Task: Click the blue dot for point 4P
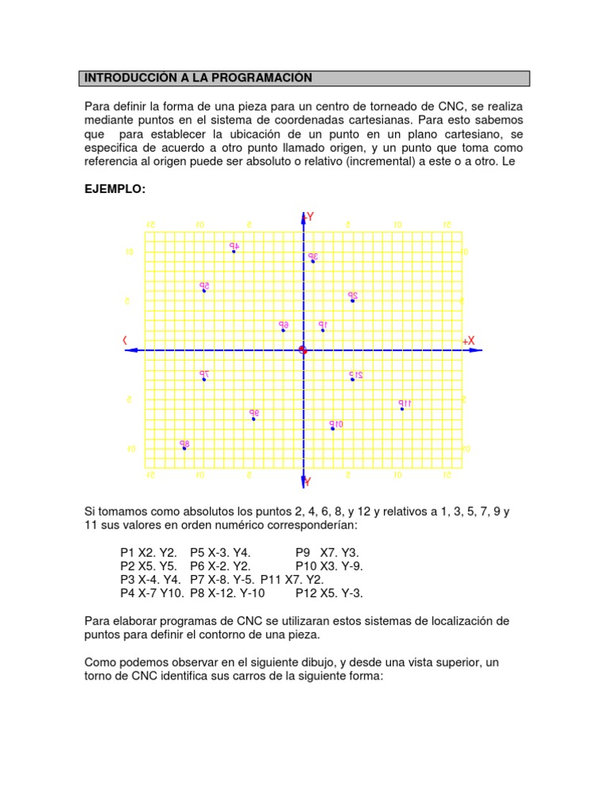[x=234, y=252]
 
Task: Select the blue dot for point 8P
[x=184, y=449]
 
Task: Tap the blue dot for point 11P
[x=402, y=409]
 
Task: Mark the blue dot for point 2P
[x=352, y=301]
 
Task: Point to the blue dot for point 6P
[x=283, y=330]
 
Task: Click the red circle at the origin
[x=302, y=350]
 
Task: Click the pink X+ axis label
[x=469, y=340]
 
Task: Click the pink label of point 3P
[x=313, y=256]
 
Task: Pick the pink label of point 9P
[x=254, y=412]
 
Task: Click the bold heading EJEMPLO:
[x=116, y=190]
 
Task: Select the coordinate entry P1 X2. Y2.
[x=148, y=553]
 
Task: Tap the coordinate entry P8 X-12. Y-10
[x=227, y=592]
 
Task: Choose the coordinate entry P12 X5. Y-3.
[x=329, y=592]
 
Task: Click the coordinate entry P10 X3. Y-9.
[x=329, y=566]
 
